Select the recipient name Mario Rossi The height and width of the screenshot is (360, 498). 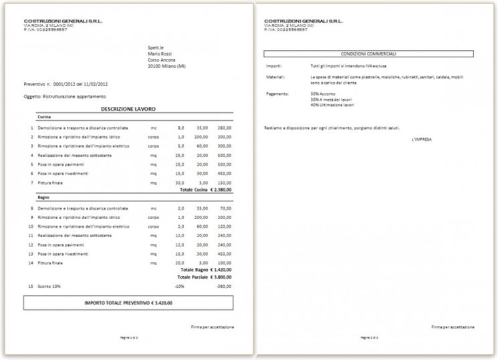click(x=160, y=53)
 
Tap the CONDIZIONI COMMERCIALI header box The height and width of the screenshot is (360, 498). click(x=368, y=53)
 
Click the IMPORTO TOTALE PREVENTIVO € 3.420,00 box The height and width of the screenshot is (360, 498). click(x=128, y=303)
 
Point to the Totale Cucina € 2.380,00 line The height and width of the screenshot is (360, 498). click(x=205, y=190)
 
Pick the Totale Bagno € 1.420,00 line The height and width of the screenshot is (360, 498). click(x=206, y=269)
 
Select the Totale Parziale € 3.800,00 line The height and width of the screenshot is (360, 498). click(x=205, y=276)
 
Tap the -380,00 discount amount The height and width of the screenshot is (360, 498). click(x=223, y=286)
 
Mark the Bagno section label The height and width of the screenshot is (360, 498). click(x=43, y=198)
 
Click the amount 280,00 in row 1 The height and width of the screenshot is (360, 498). click(x=224, y=128)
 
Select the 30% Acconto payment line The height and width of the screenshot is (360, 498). click(x=324, y=94)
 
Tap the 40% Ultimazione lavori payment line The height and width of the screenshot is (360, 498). click(x=332, y=106)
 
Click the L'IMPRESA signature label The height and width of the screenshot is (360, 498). click(x=422, y=138)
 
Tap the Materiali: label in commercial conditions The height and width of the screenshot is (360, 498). click(x=275, y=77)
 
